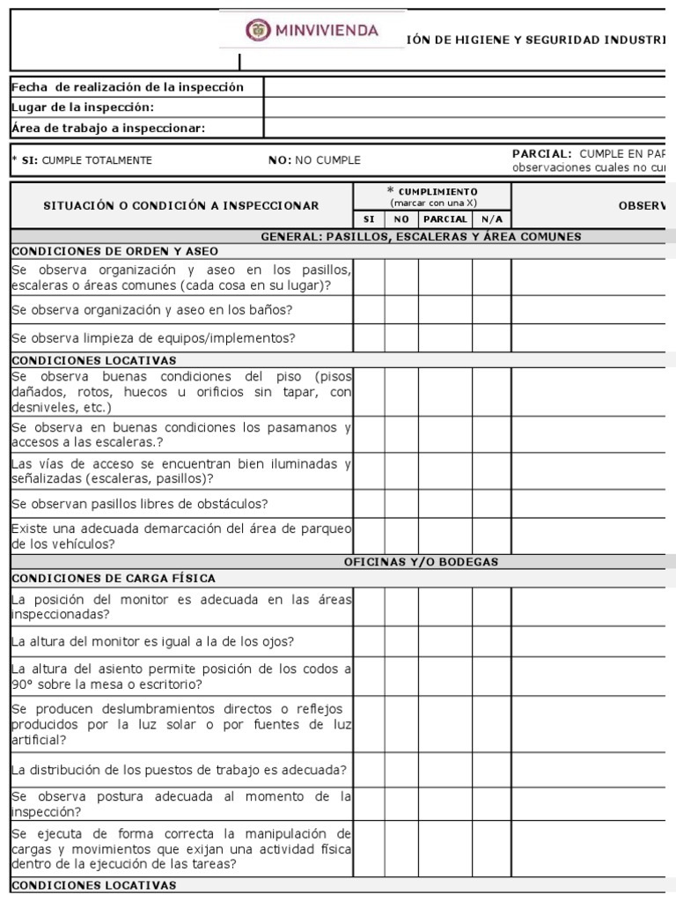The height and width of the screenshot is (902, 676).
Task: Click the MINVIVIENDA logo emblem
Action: click(258, 31)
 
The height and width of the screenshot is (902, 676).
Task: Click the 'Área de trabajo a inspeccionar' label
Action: click(108, 128)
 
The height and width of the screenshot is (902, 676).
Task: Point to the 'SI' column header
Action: click(369, 218)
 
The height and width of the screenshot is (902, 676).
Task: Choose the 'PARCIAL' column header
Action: click(445, 218)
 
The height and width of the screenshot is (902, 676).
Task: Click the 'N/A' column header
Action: click(491, 218)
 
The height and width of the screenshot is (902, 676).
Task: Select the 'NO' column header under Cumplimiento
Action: click(400, 218)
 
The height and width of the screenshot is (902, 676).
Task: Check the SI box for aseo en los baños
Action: click(369, 309)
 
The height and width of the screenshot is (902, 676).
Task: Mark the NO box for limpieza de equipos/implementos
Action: click(400, 337)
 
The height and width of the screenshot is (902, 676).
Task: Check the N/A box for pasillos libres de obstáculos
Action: click(491, 504)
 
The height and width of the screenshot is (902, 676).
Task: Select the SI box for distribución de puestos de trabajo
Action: click(369, 769)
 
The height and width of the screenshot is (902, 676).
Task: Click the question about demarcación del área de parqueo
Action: click(180, 536)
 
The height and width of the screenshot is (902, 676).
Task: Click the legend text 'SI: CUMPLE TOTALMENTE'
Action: click(82, 160)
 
